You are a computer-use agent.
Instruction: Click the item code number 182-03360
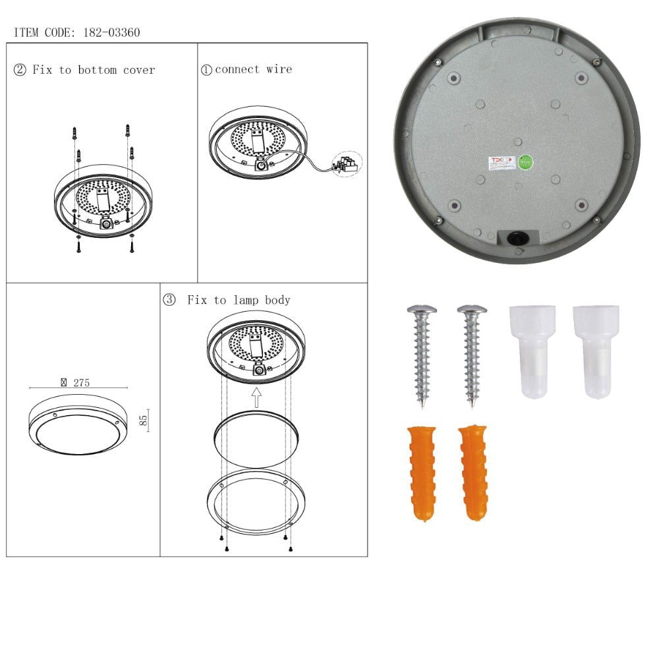point(111,32)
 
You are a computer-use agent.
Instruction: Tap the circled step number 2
point(20,70)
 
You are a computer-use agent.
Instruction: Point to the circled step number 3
point(169,301)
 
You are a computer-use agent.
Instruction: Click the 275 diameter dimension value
point(80,382)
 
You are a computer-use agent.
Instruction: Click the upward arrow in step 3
point(257,397)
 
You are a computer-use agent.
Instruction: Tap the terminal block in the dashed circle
point(347,163)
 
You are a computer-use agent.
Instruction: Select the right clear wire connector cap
point(596,351)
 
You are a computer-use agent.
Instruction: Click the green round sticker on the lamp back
point(526,162)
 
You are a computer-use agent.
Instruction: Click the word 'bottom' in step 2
point(97,70)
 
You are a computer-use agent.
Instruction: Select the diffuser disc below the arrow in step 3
point(256,435)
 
